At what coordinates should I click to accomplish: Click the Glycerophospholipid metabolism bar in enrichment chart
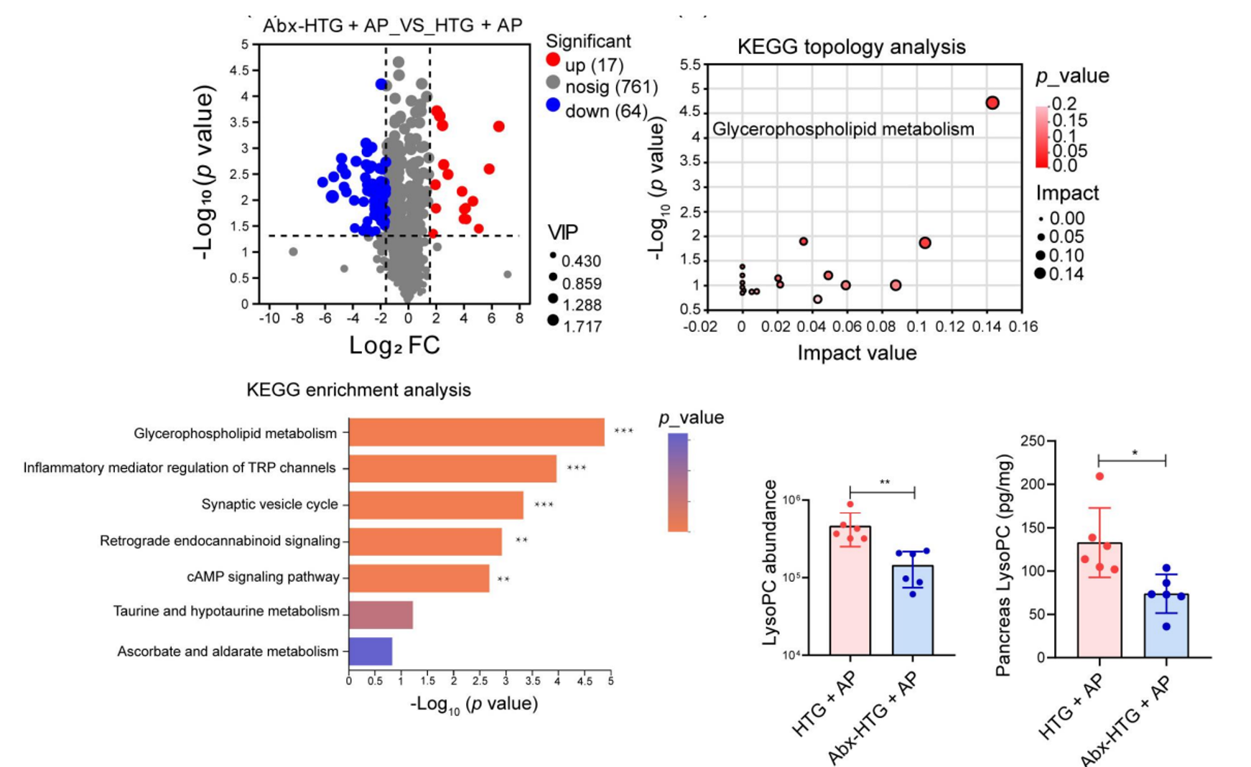pyautogui.click(x=476, y=432)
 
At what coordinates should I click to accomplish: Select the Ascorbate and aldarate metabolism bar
pyautogui.click(x=371, y=651)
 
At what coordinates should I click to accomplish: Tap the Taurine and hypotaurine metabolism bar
pyautogui.click(x=381, y=615)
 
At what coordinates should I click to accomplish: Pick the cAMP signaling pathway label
pyautogui.click(x=263, y=577)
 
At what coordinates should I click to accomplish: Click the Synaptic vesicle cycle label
pyautogui.click(x=269, y=504)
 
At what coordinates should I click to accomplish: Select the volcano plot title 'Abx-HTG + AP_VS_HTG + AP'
pyautogui.click(x=392, y=25)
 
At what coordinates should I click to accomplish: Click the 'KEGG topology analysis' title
pyautogui.click(x=851, y=47)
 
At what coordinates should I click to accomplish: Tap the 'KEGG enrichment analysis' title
pyautogui.click(x=358, y=390)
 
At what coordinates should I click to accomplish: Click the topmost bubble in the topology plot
pyautogui.click(x=992, y=103)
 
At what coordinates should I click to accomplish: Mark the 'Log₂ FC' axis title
pyautogui.click(x=394, y=345)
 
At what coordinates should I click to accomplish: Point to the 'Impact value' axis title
pyautogui.click(x=857, y=353)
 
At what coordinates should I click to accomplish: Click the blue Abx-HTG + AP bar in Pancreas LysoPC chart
pyautogui.click(x=1166, y=625)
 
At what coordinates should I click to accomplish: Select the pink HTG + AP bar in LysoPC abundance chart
pyautogui.click(x=850, y=590)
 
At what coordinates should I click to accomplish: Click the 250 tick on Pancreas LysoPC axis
pyautogui.click(x=1032, y=441)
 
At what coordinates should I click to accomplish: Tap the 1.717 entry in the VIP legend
pyautogui.click(x=582, y=327)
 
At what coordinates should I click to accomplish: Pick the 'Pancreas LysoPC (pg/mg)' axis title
pyautogui.click(x=1003, y=565)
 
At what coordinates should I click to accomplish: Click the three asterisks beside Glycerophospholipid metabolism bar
pyautogui.click(x=623, y=432)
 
